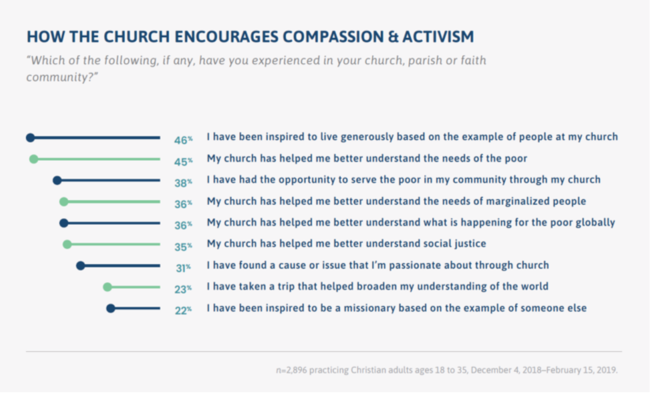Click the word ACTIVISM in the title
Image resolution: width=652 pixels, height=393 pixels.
point(438,37)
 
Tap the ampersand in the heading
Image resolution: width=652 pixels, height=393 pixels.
point(393,37)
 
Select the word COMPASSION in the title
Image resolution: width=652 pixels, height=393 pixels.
point(333,37)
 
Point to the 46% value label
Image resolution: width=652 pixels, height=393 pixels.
point(183,140)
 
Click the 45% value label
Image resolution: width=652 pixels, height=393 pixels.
point(183,162)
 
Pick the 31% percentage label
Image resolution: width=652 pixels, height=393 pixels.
point(183,268)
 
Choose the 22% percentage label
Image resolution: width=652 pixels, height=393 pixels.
point(183,310)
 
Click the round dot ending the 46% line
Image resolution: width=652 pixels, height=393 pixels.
point(30,138)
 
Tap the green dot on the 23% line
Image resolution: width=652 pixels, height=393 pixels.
point(107,287)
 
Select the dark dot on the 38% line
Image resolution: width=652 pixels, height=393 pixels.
point(57,180)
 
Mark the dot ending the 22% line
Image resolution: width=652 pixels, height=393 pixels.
point(111,308)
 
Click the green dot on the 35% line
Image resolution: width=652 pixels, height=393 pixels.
point(67,244)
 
